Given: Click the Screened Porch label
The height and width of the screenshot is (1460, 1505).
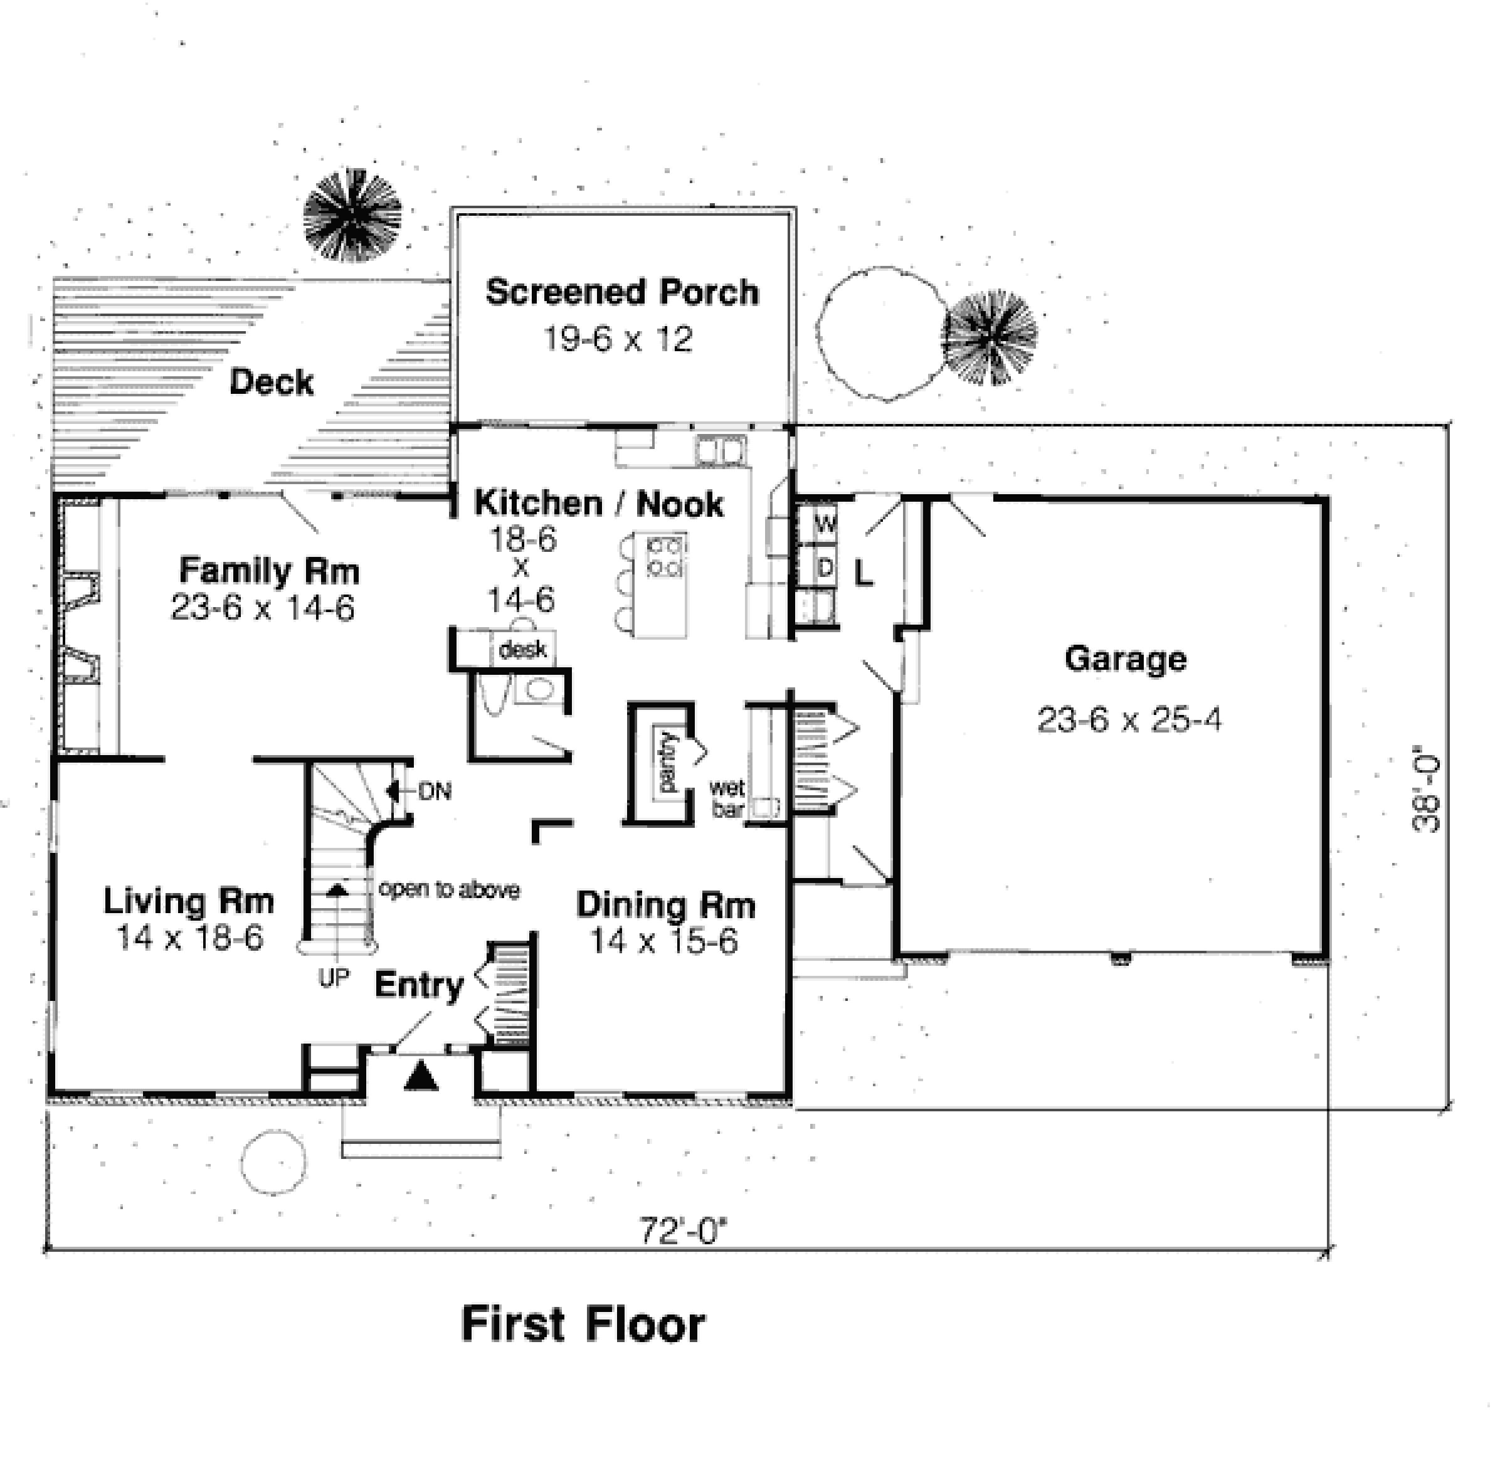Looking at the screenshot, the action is [622, 294].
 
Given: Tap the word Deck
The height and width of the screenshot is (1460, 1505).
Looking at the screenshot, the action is [272, 382].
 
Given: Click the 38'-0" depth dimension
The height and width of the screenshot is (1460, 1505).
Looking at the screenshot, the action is [1426, 786].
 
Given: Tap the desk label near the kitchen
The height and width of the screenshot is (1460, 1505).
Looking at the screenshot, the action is [523, 650].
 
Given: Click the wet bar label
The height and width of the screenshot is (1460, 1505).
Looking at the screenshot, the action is [726, 798].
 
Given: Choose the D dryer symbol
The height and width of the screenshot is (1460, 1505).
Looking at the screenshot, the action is [825, 568].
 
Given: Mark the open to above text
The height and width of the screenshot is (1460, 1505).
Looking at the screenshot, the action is [449, 889].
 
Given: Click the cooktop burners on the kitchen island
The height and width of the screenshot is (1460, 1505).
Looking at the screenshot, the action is [665, 557].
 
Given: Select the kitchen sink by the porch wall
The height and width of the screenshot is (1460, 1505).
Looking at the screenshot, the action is [721, 450].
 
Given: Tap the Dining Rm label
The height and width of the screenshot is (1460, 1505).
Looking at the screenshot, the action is [666, 905].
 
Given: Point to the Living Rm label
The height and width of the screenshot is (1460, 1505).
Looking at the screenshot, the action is [189, 901].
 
